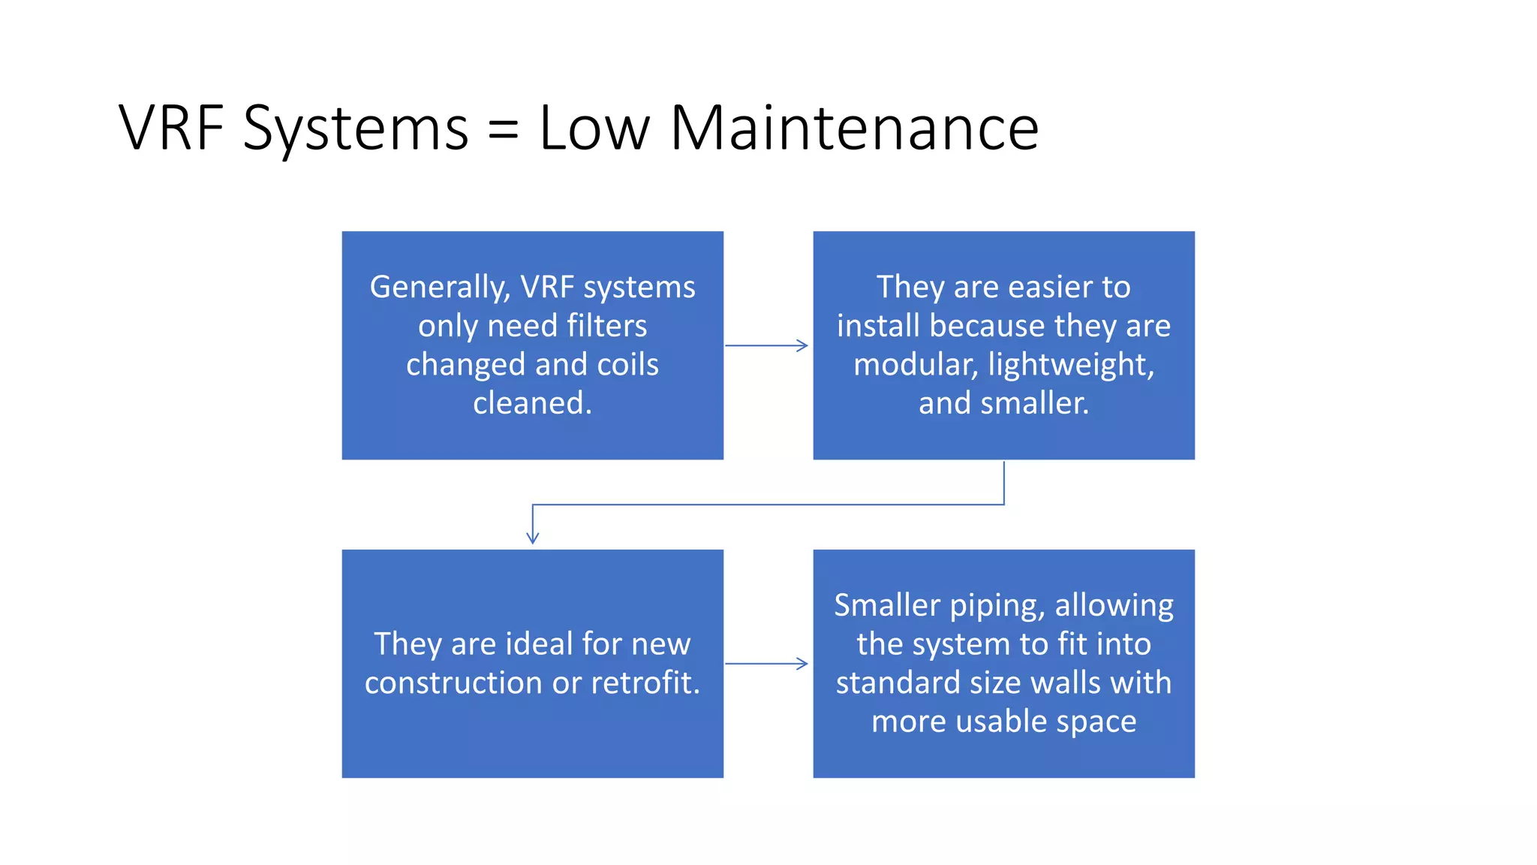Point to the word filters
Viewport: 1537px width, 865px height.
tap(607, 326)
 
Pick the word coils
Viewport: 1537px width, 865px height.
tap(627, 364)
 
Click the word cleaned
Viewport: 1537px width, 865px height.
tap(532, 403)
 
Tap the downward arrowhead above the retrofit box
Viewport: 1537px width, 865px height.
tap(533, 537)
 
